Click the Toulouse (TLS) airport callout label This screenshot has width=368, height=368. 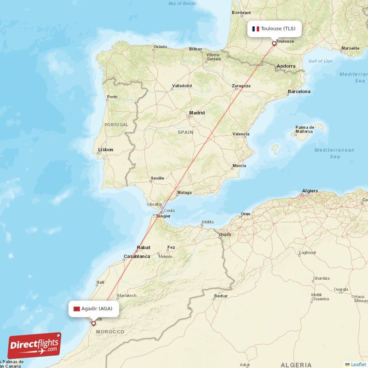pyautogui.click(x=274, y=29)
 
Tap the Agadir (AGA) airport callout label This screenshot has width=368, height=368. pyautogui.click(x=94, y=308)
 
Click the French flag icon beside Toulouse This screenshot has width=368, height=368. pyautogui.click(x=255, y=29)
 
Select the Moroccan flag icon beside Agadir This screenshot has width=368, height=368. pyautogui.click(x=76, y=308)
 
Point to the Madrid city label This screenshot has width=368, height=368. pyautogui.click(x=197, y=113)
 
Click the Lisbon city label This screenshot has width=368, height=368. pyautogui.click(x=106, y=149)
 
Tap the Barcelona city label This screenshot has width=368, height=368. pyautogui.click(x=299, y=92)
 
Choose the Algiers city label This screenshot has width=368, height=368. pyautogui.click(x=310, y=190)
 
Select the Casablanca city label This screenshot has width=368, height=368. pyautogui.click(x=137, y=256)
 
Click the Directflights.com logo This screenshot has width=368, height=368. pyautogui.click(x=34, y=345)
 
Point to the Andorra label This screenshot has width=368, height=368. pyautogui.click(x=286, y=66)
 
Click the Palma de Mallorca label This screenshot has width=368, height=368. pyautogui.click(x=305, y=129)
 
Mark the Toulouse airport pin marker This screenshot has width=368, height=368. pyautogui.click(x=274, y=44)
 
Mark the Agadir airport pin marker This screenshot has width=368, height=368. pyautogui.click(x=93, y=323)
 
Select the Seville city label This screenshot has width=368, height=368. pyautogui.click(x=157, y=178)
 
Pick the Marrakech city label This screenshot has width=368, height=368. pyautogui.click(x=126, y=295)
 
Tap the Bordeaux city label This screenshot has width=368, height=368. pyautogui.click(x=241, y=12)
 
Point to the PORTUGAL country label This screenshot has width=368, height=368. pyautogui.click(x=116, y=125)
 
